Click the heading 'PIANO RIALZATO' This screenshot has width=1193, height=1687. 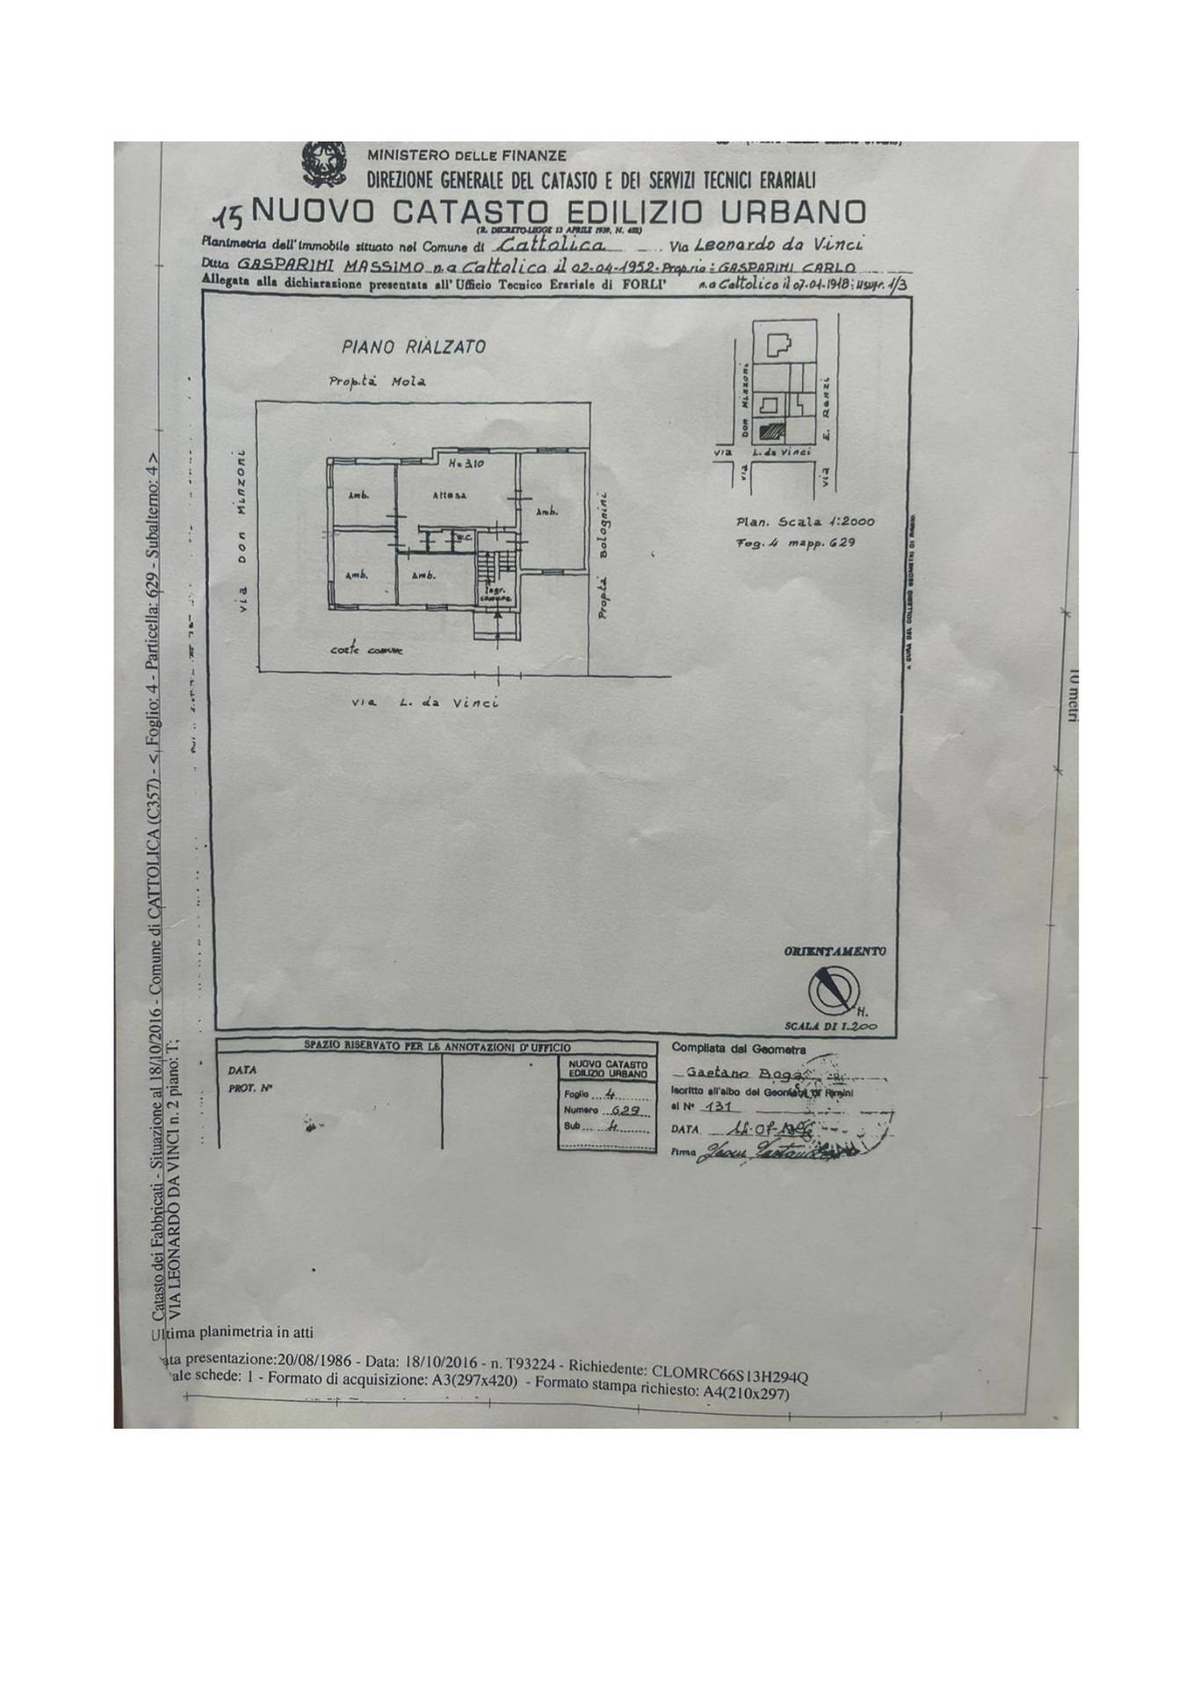click(413, 347)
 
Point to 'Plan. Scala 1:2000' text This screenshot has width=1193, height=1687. click(805, 522)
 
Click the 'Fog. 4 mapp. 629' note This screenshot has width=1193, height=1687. click(795, 542)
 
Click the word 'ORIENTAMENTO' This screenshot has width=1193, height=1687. click(834, 952)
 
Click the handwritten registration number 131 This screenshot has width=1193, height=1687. click(719, 1107)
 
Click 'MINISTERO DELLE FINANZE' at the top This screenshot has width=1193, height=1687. click(466, 156)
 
